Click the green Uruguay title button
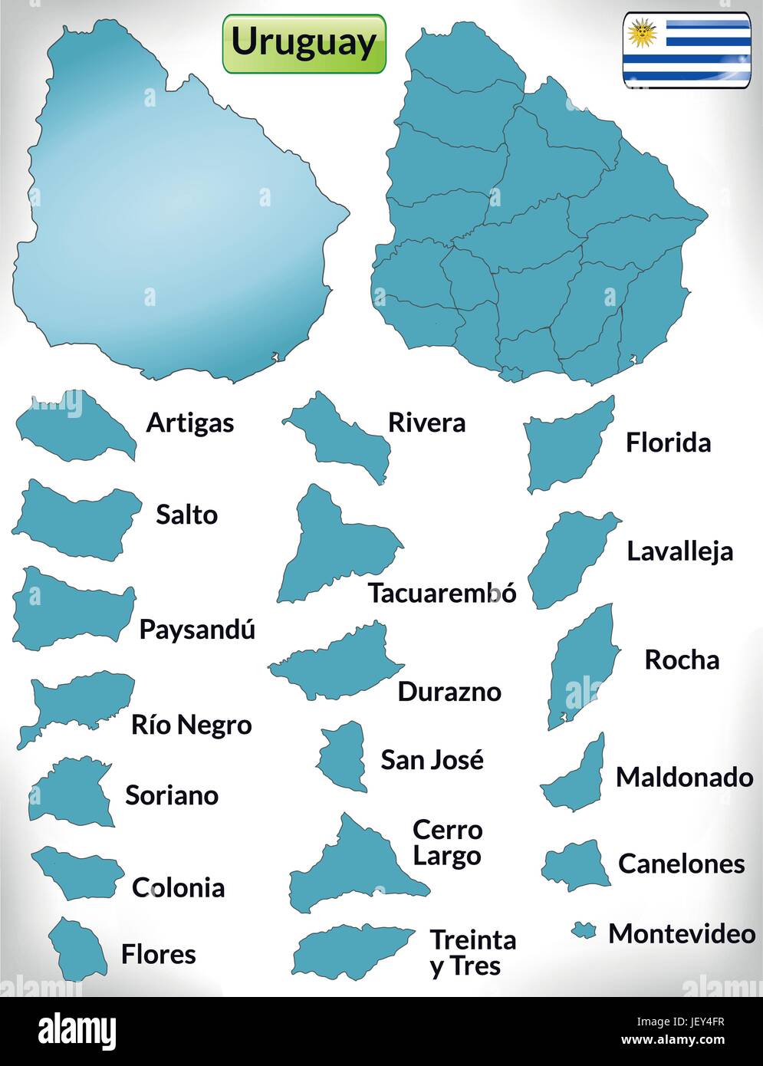304,43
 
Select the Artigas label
190,423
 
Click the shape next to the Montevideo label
584,930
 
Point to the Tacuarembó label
442,593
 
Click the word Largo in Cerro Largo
447,856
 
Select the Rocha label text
682,660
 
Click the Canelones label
681,864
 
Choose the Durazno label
449,692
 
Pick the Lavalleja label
679,551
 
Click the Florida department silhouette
568,449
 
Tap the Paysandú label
197,630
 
